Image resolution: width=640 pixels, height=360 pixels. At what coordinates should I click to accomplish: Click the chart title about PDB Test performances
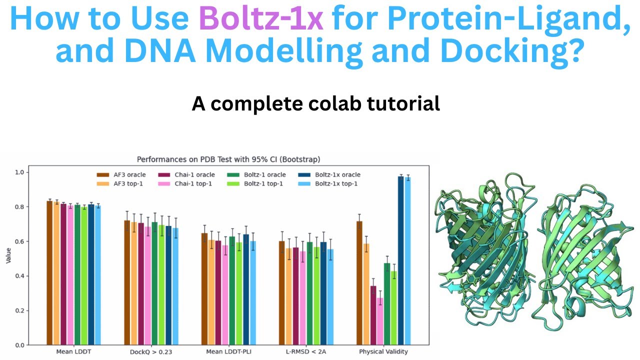(x=228, y=159)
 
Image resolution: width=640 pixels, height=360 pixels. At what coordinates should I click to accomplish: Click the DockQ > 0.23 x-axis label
(x=151, y=351)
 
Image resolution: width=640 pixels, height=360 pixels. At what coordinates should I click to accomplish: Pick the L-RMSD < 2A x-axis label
(x=306, y=351)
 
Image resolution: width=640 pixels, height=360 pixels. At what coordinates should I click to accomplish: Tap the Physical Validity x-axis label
(x=383, y=351)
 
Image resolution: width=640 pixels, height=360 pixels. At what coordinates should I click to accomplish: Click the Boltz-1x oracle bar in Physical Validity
(x=401, y=260)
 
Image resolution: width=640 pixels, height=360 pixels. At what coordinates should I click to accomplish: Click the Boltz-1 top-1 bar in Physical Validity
(x=394, y=308)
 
